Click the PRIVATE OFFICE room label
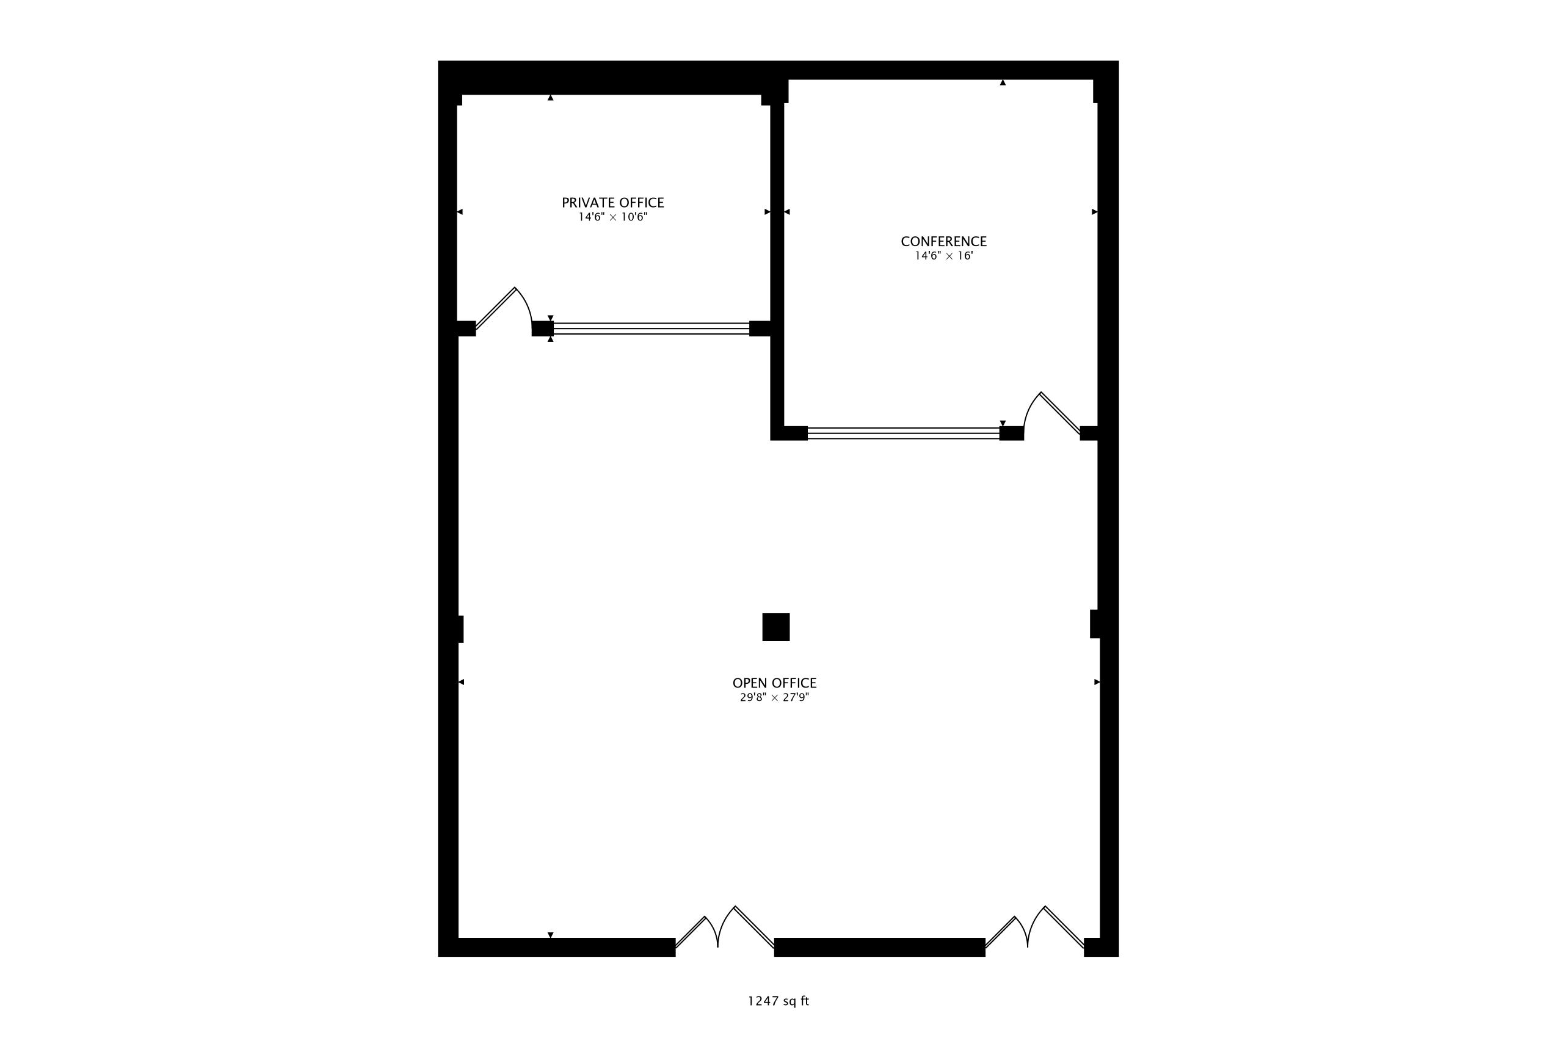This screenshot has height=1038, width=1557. [x=612, y=203]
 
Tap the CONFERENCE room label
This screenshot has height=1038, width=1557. [x=943, y=242]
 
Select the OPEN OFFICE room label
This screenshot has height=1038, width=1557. [x=774, y=683]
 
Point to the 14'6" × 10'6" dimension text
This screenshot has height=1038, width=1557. [x=612, y=217]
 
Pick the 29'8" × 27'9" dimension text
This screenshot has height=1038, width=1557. [x=774, y=697]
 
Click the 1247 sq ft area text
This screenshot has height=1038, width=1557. [x=778, y=1001]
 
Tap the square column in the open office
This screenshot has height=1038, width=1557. [x=776, y=627]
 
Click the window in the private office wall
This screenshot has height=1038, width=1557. [x=651, y=328]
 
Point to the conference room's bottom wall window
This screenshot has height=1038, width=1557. [x=903, y=434]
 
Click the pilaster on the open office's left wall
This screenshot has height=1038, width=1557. [x=460, y=629]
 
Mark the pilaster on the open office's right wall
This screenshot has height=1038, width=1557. [x=1095, y=623]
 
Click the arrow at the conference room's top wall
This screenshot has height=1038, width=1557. [x=1003, y=83]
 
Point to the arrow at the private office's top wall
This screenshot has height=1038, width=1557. [x=550, y=98]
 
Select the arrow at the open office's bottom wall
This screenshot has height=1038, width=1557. [x=550, y=935]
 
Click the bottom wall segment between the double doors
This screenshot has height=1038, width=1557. [x=880, y=947]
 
